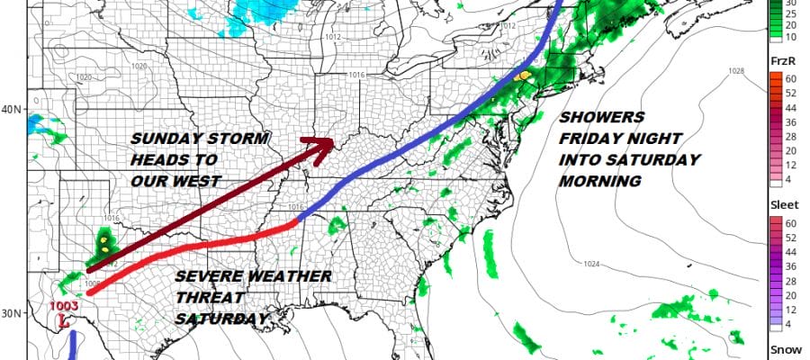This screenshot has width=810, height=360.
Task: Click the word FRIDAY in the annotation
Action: [594, 139]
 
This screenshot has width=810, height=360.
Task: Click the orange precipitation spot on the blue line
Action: [521, 76]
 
